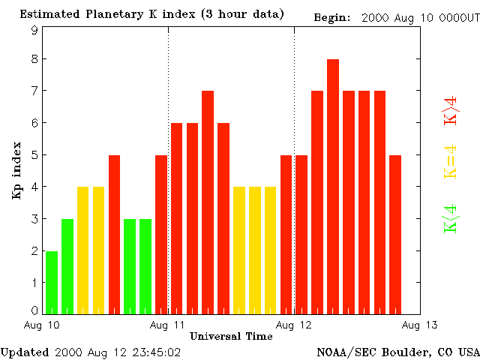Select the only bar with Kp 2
click(x=52, y=282)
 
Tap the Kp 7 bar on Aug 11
click(x=208, y=202)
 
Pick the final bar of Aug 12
click(x=395, y=234)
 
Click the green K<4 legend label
click(x=451, y=219)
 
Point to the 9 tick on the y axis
click(x=34, y=30)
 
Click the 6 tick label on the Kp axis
click(x=34, y=124)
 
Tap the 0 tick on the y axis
click(x=34, y=310)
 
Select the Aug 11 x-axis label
click(x=168, y=325)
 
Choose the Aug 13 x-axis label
click(x=420, y=325)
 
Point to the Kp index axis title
click(x=16, y=170)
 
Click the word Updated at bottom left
click(x=25, y=352)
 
